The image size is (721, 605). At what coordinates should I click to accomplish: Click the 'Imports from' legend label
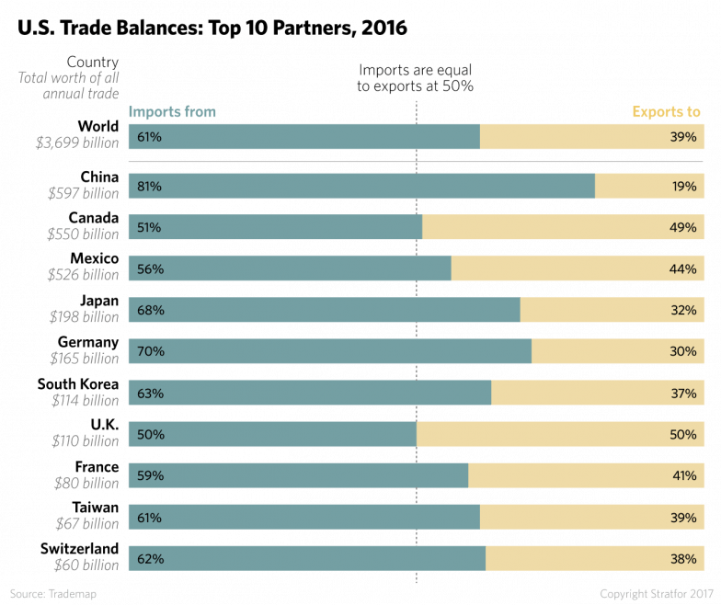click(172, 112)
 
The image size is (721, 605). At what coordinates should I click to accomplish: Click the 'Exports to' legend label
click(667, 112)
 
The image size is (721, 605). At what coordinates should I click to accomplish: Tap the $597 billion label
click(84, 193)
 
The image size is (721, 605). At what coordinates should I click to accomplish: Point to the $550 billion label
click(84, 234)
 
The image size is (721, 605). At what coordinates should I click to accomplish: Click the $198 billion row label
click(84, 317)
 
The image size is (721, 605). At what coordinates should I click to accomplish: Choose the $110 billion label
click(84, 441)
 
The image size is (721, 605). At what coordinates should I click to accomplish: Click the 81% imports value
click(150, 187)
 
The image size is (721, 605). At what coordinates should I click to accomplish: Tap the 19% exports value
click(683, 187)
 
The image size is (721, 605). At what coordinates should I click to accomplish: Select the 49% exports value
click(683, 228)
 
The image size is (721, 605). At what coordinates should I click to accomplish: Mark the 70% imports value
click(150, 352)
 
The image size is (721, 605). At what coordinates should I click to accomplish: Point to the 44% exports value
click(683, 269)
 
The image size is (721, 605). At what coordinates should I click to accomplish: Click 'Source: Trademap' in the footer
click(53, 594)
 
